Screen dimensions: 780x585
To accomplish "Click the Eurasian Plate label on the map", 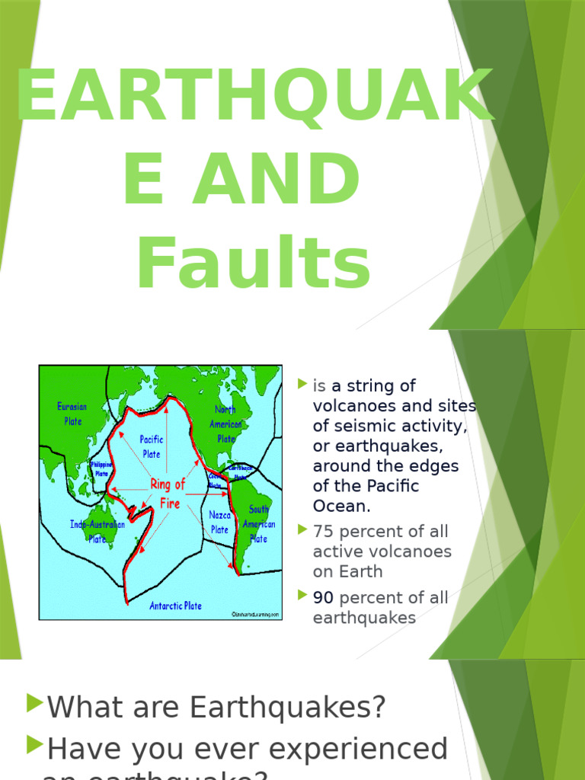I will tap(73, 414).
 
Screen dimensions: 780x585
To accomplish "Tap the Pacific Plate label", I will tap(152, 446).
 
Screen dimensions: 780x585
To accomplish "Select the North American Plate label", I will tap(225, 424).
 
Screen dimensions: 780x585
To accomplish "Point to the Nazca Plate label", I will tap(219, 523).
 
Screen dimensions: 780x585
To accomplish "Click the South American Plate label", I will tap(258, 524).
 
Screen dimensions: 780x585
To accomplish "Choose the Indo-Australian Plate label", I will tap(97, 532).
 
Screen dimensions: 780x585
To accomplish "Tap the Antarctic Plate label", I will tap(175, 606).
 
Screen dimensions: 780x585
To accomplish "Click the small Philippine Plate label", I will tap(101, 468).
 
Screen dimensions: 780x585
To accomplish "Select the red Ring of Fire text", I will tap(168, 494).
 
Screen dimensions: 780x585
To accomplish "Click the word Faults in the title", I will tap(254, 265).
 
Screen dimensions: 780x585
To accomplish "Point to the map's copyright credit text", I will tap(255, 613).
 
